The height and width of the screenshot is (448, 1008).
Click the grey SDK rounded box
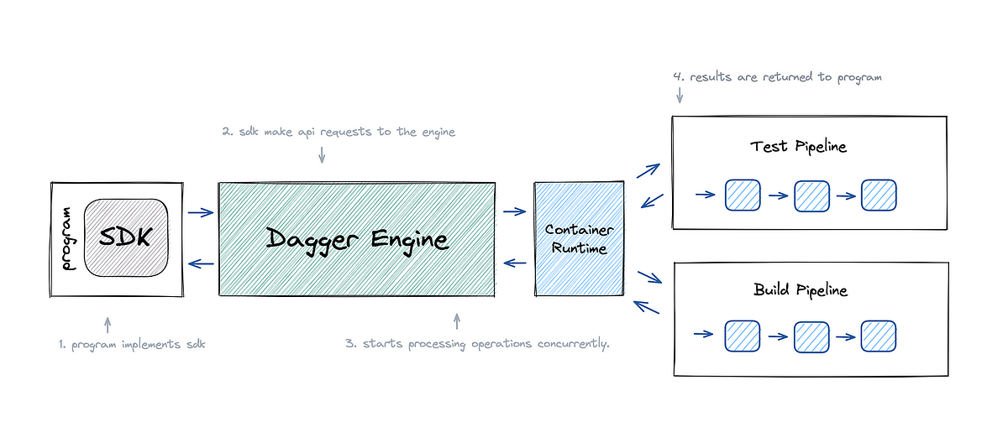click(x=123, y=237)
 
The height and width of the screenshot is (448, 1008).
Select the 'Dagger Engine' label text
click(x=358, y=238)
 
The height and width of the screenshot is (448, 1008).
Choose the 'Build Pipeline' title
click(x=800, y=290)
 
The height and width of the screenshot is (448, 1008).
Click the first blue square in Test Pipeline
click(x=743, y=195)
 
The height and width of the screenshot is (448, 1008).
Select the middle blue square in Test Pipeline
click(x=811, y=195)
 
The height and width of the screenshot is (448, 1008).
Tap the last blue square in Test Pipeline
click(x=879, y=195)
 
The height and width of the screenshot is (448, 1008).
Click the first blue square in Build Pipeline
click(x=743, y=336)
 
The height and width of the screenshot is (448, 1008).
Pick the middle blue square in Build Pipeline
click(x=811, y=336)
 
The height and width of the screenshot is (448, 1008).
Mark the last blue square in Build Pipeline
click(x=879, y=336)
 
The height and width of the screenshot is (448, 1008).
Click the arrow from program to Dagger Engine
click(x=201, y=212)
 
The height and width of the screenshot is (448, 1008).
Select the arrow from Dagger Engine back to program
click(x=201, y=264)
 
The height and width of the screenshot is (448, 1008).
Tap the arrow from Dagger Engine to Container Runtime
click(x=514, y=211)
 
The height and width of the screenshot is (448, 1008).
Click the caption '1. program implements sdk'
click(x=132, y=345)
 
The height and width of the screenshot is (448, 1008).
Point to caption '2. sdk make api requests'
click(x=339, y=132)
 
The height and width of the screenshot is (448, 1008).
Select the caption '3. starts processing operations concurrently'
click(x=477, y=345)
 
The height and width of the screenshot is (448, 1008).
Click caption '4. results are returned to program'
click(x=777, y=76)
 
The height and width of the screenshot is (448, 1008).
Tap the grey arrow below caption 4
click(x=680, y=96)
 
